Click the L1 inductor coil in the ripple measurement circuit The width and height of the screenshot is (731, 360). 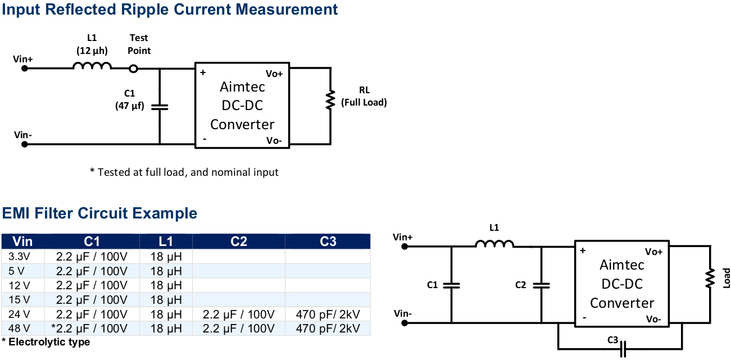click(x=92, y=67)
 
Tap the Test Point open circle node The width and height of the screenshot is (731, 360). click(x=133, y=69)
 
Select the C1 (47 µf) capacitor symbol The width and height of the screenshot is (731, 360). click(x=160, y=106)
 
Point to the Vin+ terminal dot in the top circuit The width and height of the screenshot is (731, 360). click(x=25, y=69)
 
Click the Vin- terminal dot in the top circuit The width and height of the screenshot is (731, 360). click(x=25, y=144)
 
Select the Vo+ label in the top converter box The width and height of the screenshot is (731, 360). click(x=274, y=74)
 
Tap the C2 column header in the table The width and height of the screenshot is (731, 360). click(x=239, y=241)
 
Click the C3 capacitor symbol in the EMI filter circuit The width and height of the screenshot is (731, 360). click(x=623, y=350)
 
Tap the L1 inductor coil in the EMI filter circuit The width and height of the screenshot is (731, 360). click(x=494, y=244)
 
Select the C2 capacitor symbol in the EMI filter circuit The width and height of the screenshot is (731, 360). click(x=541, y=285)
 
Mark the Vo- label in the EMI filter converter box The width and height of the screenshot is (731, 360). click(x=653, y=319)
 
